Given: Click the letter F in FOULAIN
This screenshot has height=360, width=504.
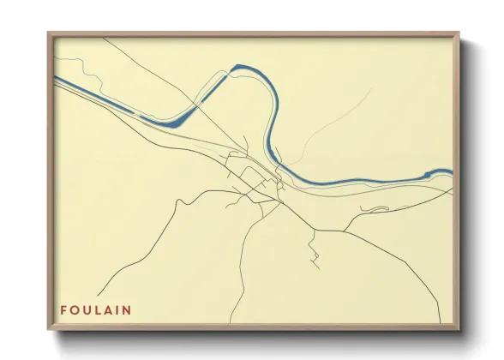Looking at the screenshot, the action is (x=63, y=309).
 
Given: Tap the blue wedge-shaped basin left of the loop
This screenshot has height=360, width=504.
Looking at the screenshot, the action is (x=176, y=121).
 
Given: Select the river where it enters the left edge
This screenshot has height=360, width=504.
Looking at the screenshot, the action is (x=58, y=79).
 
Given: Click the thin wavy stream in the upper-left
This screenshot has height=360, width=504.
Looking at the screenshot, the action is (x=73, y=65).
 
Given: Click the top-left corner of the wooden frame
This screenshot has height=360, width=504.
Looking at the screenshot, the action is (x=49, y=33).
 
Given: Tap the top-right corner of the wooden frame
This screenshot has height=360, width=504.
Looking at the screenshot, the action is (x=458, y=33).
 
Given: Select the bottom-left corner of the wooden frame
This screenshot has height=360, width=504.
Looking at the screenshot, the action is (x=49, y=329).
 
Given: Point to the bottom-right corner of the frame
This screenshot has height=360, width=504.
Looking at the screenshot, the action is (x=458, y=329).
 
